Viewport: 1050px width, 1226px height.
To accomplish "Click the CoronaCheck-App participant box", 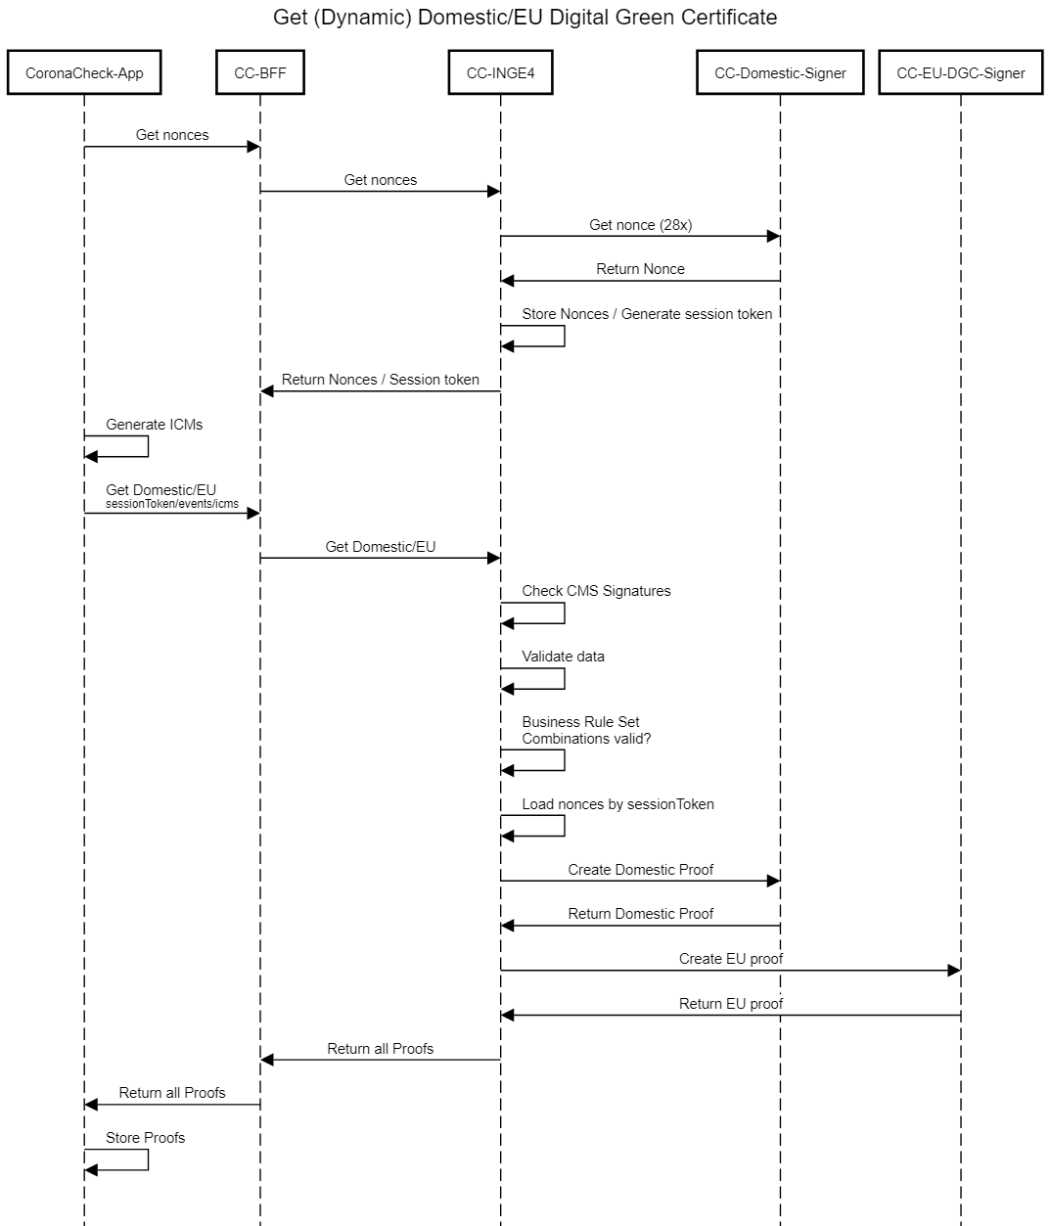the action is [x=84, y=73].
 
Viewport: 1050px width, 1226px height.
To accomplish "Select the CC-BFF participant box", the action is [x=260, y=73].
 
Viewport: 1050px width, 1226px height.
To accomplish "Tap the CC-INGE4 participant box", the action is [x=500, y=73].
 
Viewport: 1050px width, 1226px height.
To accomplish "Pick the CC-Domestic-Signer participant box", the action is [x=780, y=73].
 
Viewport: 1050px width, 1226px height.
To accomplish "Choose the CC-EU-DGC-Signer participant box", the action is [x=961, y=73].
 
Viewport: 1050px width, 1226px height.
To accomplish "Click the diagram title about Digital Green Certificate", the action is [x=525, y=18].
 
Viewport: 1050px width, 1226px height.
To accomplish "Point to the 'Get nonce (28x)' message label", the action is [x=640, y=225].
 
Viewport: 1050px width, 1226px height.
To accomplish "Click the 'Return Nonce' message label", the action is [x=640, y=269].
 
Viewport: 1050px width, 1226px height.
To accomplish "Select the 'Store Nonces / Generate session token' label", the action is [x=647, y=314].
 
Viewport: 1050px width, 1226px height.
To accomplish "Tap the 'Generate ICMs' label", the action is [x=155, y=425].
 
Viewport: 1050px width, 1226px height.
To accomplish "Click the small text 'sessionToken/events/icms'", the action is [x=172, y=504].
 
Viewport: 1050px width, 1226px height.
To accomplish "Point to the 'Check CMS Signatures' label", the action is [x=596, y=591].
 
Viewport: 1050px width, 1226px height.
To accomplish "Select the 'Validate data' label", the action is [x=563, y=657].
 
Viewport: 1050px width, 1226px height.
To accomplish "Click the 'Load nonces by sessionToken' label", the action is [x=617, y=804].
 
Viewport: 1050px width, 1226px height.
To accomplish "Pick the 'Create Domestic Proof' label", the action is [x=640, y=870].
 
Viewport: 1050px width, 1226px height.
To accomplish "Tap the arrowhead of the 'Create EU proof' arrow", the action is [x=954, y=971].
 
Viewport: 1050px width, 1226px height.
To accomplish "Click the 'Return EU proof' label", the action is [x=731, y=1004].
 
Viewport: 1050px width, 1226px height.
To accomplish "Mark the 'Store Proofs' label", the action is [x=145, y=1138].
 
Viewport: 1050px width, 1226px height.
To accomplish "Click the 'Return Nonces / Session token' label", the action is [x=381, y=380].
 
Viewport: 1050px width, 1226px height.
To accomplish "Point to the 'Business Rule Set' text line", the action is [x=580, y=722].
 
